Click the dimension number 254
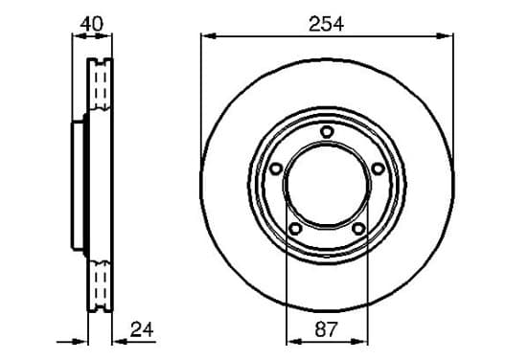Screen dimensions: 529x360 pos(326,24)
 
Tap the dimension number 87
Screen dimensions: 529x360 pos(326,329)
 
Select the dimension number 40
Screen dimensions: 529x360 pos(92,24)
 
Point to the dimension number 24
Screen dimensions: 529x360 pos(142,329)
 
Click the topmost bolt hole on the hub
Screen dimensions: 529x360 pos(327,131)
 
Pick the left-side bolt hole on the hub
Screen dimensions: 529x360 pos(276,169)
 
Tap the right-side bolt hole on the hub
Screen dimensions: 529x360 pos(378,169)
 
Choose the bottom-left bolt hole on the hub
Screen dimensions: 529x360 pos(295,229)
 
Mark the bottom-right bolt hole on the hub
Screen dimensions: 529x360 pos(358,229)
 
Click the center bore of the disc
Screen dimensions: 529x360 pos(327,185)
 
